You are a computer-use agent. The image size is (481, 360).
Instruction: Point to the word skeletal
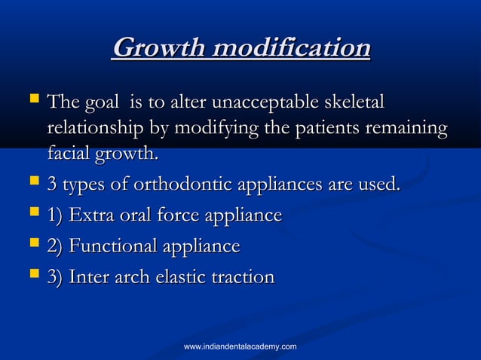(x=354, y=102)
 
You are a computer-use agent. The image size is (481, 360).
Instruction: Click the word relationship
(x=91, y=129)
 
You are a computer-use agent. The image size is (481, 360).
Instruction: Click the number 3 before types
(x=51, y=185)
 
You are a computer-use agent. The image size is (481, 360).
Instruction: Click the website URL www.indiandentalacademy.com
(x=240, y=346)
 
